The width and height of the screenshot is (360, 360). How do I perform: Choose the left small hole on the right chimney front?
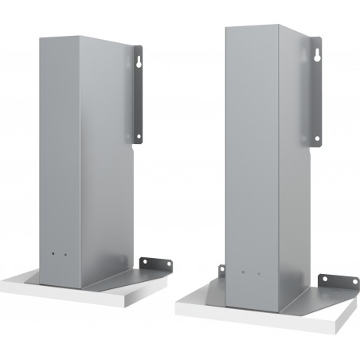pyautogui.click(x=241, y=275)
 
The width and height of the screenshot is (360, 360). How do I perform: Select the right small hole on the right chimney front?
pyautogui.click(x=256, y=276)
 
